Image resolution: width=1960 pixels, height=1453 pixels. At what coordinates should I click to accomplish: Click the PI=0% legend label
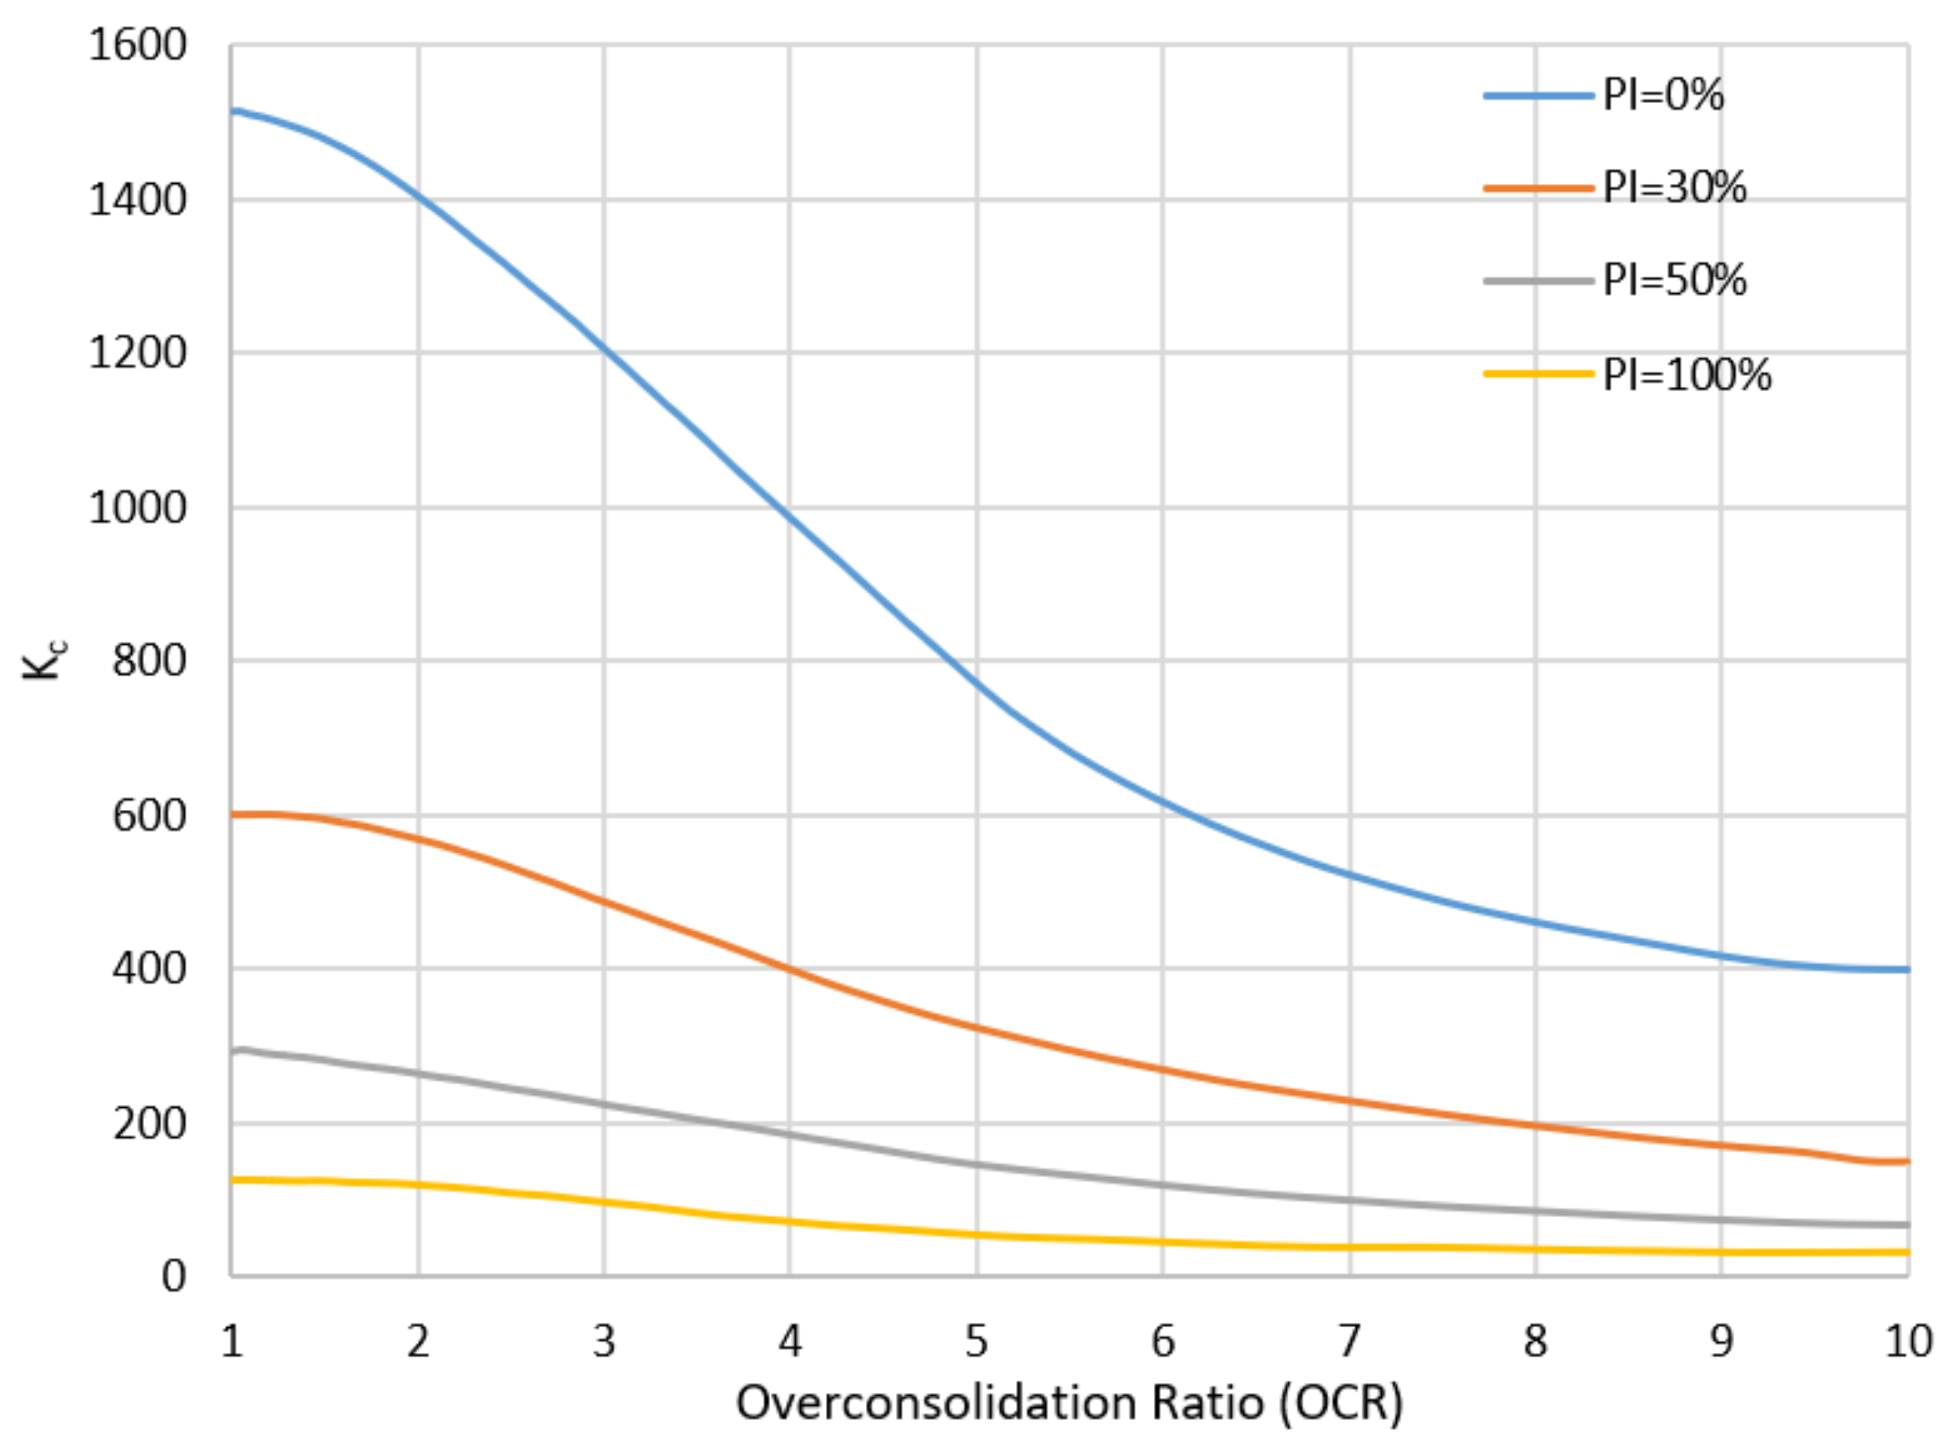point(1662,95)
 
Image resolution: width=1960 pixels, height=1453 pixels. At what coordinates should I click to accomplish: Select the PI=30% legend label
point(1673,188)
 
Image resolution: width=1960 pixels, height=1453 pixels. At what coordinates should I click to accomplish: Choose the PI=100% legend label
point(1686,376)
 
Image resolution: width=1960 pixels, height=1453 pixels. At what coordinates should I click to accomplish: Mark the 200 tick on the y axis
point(149,1124)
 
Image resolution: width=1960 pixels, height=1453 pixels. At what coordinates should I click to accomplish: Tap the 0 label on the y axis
point(173,1276)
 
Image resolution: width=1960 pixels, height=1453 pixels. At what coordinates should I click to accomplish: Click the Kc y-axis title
point(42,660)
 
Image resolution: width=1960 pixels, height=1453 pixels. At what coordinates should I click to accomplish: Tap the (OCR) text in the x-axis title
point(1341,1403)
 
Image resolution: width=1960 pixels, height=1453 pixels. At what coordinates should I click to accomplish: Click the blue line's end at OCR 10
point(1906,969)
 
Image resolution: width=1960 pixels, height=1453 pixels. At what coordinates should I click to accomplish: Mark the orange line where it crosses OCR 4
point(790,969)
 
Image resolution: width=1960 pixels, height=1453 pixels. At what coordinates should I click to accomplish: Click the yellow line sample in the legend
point(1538,373)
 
